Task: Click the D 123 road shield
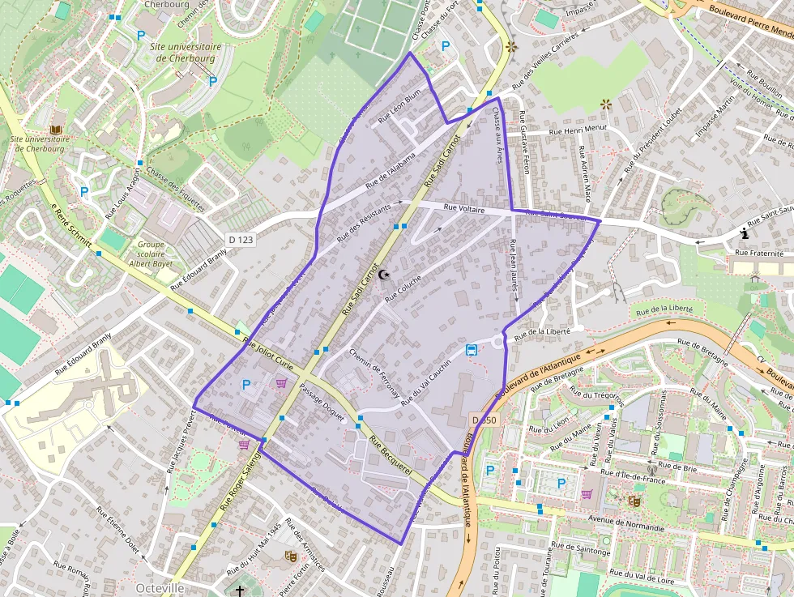pyautogui.click(x=241, y=239)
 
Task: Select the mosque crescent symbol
pyautogui.click(x=385, y=275)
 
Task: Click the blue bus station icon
pyautogui.click(x=472, y=350)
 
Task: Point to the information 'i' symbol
pyautogui.click(x=745, y=234)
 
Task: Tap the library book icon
pyautogui.click(x=56, y=130)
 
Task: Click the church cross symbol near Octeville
pyautogui.click(x=239, y=590)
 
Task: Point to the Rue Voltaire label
pyautogui.click(x=464, y=209)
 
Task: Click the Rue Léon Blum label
pyautogui.click(x=400, y=105)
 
